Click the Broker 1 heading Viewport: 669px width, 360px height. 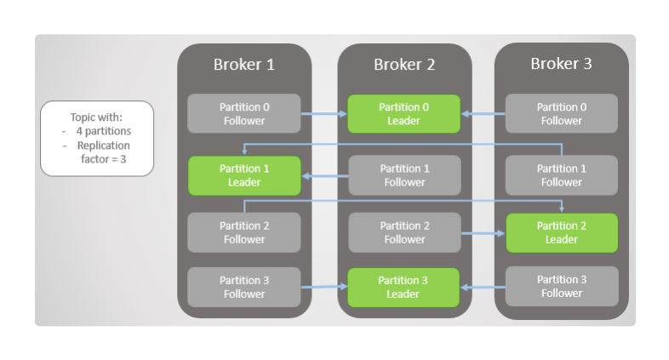(x=243, y=65)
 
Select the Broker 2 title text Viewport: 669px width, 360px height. (x=404, y=65)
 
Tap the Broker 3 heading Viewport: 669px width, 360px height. (x=561, y=64)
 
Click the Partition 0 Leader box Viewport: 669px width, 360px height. (x=403, y=114)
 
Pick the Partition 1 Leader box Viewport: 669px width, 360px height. (x=244, y=175)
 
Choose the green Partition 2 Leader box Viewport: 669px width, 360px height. (x=562, y=232)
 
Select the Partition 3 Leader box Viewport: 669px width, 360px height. (x=403, y=287)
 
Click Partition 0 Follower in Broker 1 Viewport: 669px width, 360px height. (x=244, y=114)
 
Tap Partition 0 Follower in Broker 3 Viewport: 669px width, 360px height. (x=562, y=114)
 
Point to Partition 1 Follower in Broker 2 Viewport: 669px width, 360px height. (x=404, y=175)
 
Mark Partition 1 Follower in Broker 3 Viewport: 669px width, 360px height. (x=562, y=175)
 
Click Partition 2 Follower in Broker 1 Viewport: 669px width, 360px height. (x=244, y=232)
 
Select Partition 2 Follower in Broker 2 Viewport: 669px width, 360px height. (x=404, y=232)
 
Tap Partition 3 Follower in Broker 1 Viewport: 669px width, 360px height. (x=244, y=287)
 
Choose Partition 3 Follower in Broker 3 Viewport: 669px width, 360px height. (x=562, y=287)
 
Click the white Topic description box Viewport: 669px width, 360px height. (x=97, y=138)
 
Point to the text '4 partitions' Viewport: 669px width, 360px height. (x=101, y=132)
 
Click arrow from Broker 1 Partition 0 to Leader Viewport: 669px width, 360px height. (x=323, y=114)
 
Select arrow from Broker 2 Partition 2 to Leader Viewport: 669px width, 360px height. (x=483, y=232)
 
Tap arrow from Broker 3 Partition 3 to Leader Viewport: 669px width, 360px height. (x=483, y=288)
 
